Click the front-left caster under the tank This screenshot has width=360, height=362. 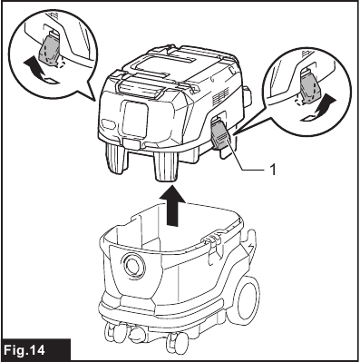(125, 332)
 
